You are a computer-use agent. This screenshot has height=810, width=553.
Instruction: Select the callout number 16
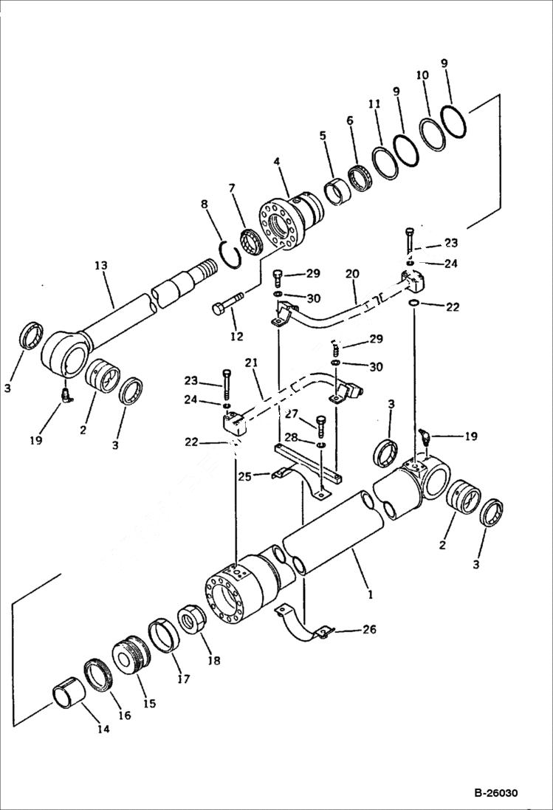click(x=123, y=714)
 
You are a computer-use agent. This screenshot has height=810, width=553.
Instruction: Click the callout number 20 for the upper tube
click(x=351, y=274)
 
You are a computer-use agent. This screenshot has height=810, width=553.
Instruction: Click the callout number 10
click(x=422, y=75)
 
